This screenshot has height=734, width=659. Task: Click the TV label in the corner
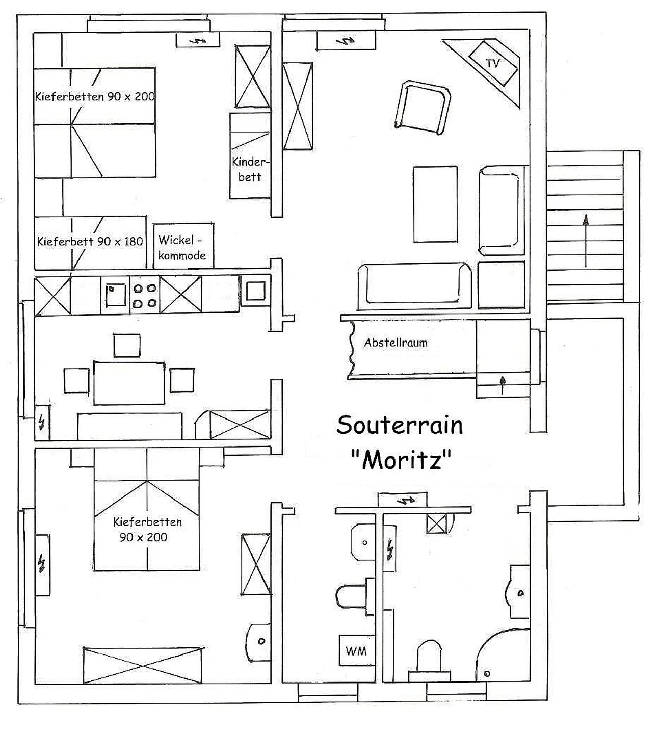tap(493, 63)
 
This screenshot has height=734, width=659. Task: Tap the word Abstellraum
tap(396, 343)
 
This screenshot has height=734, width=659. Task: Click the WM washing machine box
tap(356, 651)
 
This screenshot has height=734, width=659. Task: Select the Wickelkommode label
tap(182, 247)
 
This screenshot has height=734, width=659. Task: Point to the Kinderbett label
tap(250, 169)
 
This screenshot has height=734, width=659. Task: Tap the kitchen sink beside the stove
tap(115, 295)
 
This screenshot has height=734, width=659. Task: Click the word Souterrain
tap(400, 425)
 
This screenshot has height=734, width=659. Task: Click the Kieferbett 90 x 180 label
tap(90, 241)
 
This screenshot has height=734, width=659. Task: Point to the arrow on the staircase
tap(586, 241)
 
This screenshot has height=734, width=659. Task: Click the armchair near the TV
tap(423, 108)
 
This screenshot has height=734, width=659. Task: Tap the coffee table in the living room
tap(435, 204)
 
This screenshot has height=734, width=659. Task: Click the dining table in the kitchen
tap(129, 383)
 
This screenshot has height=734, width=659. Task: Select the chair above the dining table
tap(127, 346)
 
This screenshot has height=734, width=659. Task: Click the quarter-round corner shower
tap(503, 656)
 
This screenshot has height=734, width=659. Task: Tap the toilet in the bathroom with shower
tap(430, 662)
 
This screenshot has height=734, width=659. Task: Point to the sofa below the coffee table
tap(415, 286)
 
